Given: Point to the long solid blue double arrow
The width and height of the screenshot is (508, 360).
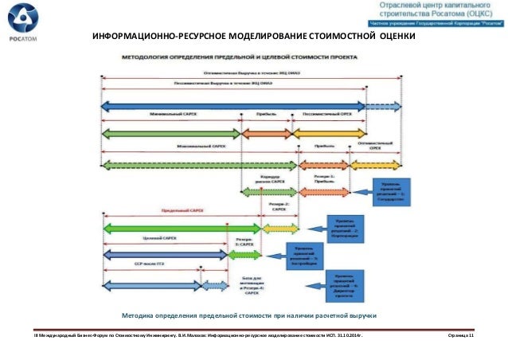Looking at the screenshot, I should click(x=231, y=104).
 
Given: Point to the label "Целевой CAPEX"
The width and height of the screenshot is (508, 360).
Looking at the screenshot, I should click(x=159, y=237).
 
